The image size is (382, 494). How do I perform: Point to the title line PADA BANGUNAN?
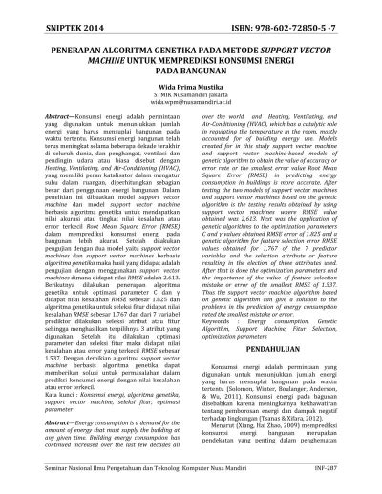point(190,72)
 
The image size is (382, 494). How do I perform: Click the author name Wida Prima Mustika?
point(190,92)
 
